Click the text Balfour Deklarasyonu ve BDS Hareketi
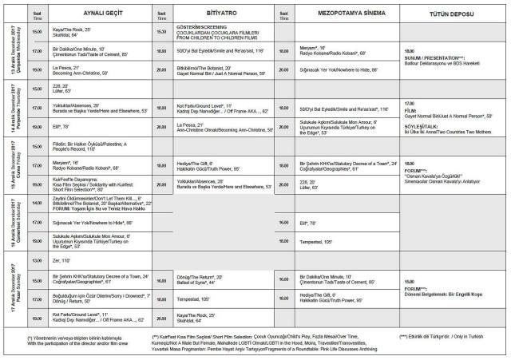pos(443,65)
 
